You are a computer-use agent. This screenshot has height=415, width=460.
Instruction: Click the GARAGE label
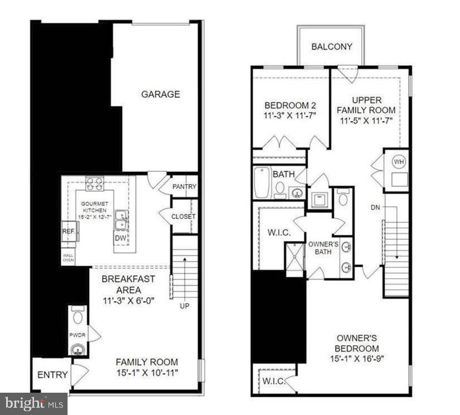160,94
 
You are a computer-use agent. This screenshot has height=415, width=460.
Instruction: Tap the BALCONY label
332,47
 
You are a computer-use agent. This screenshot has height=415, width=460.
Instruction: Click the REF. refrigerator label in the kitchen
68,230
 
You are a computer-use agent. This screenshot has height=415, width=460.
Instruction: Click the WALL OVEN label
68,258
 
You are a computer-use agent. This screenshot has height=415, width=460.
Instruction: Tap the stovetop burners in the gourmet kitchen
94,184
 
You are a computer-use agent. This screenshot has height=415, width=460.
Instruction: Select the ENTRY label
52,375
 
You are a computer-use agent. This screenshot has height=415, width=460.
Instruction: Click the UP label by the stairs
184,306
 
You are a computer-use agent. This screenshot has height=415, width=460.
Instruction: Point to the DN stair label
375,207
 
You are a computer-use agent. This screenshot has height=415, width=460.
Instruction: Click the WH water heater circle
399,162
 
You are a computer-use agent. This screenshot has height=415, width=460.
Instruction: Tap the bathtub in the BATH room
262,183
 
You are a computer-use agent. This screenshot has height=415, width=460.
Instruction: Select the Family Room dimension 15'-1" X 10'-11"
147,372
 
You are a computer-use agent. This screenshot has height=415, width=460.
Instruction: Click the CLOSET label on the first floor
183,216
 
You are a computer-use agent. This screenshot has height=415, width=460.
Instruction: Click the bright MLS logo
33,403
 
